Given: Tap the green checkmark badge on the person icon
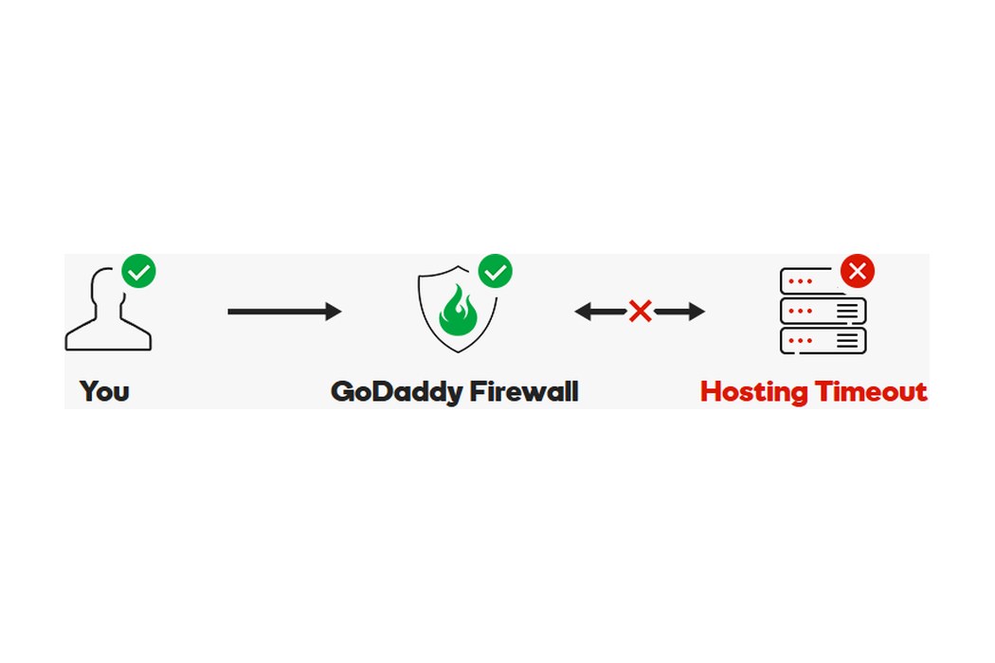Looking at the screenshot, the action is (x=139, y=272).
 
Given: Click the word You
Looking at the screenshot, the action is (x=104, y=391).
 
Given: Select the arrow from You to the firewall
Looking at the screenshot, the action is (x=284, y=312).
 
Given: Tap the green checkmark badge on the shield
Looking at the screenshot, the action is (x=495, y=272).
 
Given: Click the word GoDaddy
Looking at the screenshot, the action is (x=397, y=392).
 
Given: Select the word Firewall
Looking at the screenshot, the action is (x=524, y=391).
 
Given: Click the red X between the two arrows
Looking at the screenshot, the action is (x=641, y=311).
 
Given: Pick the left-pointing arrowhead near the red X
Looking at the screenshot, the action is (x=584, y=312).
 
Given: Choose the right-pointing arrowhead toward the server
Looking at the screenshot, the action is (x=696, y=312).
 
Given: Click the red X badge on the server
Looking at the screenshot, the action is (x=858, y=272).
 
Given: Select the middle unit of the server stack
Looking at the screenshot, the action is (x=823, y=311).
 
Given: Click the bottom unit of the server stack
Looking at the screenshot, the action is (x=823, y=341).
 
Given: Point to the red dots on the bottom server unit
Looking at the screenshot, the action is (x=800, y=341).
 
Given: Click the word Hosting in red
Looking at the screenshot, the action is (x=754, y=392).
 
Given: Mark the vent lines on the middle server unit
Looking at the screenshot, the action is (x=848, y=311).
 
